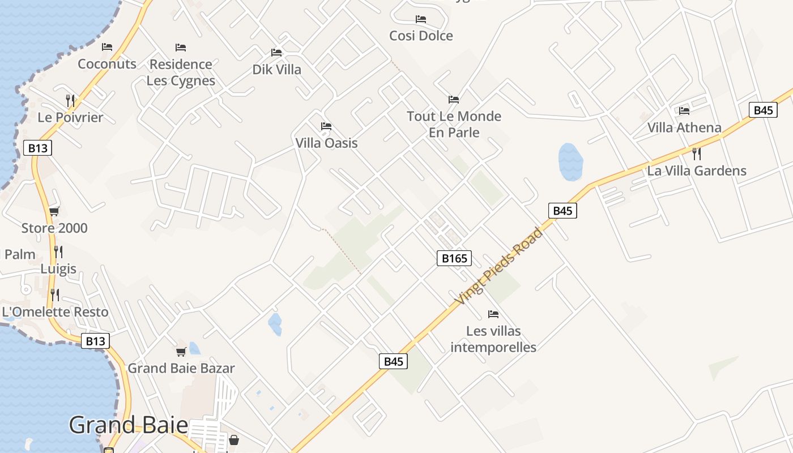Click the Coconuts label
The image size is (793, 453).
tap(107, 64)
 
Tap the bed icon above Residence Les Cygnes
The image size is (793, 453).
tap(181, 47)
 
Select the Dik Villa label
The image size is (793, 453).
tap(276, 70)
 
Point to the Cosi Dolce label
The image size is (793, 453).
tap(421, 36)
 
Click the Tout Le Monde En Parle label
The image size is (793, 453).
tap(454, 124)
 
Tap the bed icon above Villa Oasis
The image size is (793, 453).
tap(326, 126)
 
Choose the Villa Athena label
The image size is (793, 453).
tap(684, 127)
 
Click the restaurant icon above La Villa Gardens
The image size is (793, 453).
tap(697, 153)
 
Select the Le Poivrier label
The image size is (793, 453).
tap(70, 117)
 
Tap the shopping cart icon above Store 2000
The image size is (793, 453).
tap(54, 211)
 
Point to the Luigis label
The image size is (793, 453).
tap(58, 268)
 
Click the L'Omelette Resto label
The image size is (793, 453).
tap(55, 311)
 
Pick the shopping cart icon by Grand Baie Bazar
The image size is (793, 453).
tap(181, 352)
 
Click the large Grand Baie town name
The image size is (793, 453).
tap(128, 425)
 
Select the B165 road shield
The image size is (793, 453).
tap(454, 259)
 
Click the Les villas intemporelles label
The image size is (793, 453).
tap(493, 339)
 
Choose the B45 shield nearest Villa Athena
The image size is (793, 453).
tap(762, 110)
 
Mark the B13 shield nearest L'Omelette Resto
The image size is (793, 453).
tap(95, 341)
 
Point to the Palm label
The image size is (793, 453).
tap(20, 254)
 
